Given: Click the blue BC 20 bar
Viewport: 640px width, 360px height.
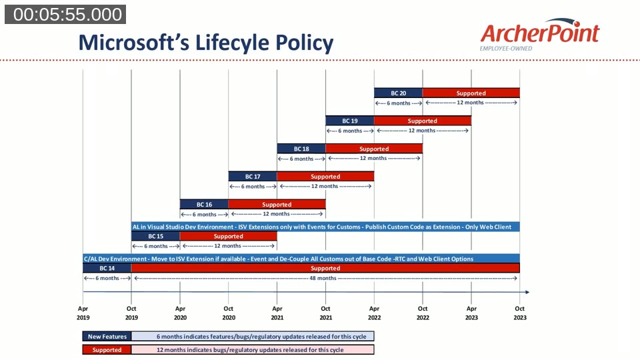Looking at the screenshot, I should pos(398,93).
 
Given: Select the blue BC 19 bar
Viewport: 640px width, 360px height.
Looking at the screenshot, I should pos(349,121).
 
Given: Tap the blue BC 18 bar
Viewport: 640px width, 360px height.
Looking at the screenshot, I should pos(301,149).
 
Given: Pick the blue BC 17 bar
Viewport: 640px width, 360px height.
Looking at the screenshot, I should pos(252,177).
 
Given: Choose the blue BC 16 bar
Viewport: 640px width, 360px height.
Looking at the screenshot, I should pos(204,205).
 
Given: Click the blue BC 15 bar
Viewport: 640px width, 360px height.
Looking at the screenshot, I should pos(155,236).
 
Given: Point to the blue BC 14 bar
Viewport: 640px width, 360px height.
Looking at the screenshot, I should pos(107,268).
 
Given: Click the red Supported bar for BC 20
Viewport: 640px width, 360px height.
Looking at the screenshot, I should pos(471,93).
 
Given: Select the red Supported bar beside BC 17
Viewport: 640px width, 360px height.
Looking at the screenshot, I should pos(325,177).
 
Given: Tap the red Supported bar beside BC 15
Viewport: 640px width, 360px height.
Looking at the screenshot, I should pos(228,236).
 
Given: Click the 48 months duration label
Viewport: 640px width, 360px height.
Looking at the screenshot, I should pos(325,278).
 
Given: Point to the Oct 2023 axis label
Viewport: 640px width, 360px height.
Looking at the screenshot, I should pos(519,313).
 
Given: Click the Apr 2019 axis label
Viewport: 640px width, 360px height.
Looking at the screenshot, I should pos(83,313).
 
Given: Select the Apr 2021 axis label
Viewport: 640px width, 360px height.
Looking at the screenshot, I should pos(277,313).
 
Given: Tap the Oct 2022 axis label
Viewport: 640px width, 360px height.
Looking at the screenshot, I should pos(423,313).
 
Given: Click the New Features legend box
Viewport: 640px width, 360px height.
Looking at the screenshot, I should pos(107,337).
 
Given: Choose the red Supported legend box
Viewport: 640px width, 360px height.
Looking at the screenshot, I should pos(107,350).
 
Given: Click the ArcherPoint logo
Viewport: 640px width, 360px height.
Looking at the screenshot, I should pos(539,35).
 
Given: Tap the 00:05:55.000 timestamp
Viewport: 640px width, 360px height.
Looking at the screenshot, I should pos(65,15).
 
